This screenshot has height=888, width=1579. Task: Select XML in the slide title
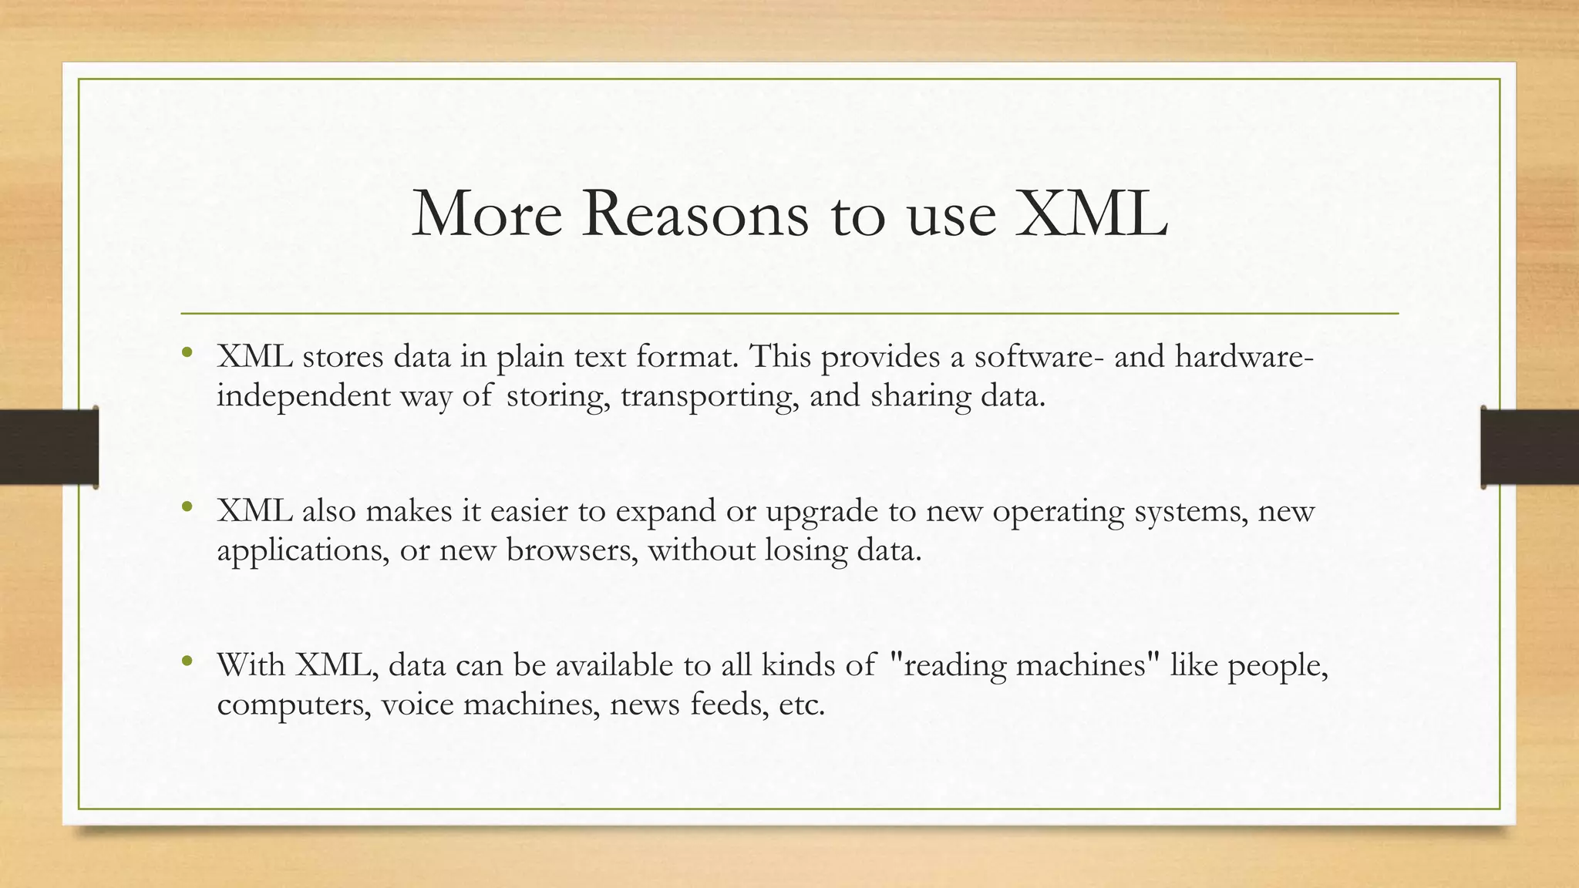pos(1091,214)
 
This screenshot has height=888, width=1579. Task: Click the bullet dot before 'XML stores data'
pos(187,354)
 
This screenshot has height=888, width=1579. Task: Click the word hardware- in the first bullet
pos(1244,356)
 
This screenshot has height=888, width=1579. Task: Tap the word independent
pos(304,395)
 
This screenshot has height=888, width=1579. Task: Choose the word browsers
pos(571,550)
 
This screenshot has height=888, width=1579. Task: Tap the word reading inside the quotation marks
pos(954,665)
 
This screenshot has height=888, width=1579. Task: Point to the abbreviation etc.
pos(801,705)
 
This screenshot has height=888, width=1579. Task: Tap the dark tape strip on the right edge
pos(1530,447)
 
